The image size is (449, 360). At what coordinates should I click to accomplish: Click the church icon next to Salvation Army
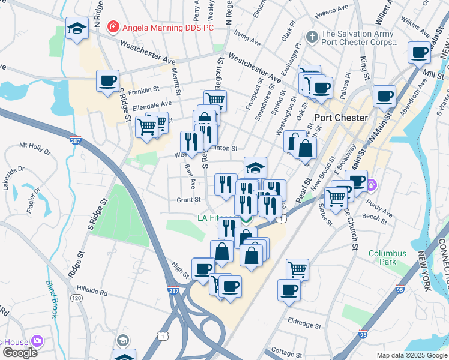312,37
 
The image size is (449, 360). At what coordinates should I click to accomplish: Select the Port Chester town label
340,118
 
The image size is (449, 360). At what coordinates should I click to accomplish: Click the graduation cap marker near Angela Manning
77,29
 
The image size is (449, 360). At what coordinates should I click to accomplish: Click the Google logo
19,353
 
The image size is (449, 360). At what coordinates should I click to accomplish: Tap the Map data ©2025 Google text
411,355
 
